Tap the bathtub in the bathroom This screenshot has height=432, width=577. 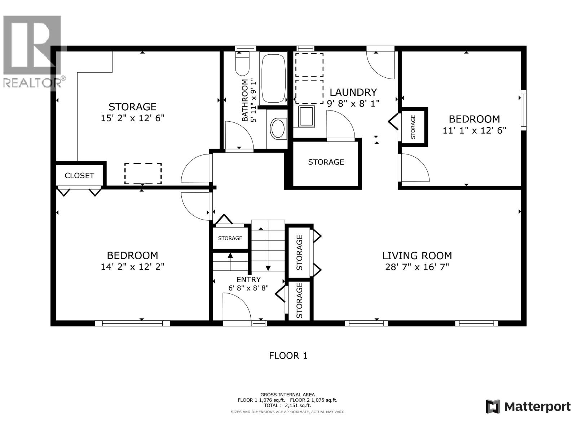tap(273, 78)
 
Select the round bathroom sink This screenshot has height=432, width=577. tap(278, 129)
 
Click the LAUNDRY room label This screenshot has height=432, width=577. tap(353, 93)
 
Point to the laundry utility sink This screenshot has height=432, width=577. tap(306, 116)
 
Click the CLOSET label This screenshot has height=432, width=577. tap(79, 176)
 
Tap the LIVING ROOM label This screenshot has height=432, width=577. tap(417, 256)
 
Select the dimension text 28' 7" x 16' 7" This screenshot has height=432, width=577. tap(417, 267)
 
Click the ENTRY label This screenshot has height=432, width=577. tap(248, 280)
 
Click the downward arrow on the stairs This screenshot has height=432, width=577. tap(268, 267)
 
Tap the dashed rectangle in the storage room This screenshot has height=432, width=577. tap(143, 174)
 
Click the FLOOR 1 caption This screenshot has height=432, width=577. tap(288, 356)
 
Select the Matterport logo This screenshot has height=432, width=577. tap(528, 407)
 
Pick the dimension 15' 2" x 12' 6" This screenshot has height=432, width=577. tap(132, 118)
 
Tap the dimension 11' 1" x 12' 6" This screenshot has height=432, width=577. tap(474, 130)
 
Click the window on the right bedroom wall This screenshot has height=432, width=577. tap(523, 110)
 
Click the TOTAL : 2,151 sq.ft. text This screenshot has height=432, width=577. tap(287, 405)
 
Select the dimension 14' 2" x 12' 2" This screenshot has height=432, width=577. tap(132, 267)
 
